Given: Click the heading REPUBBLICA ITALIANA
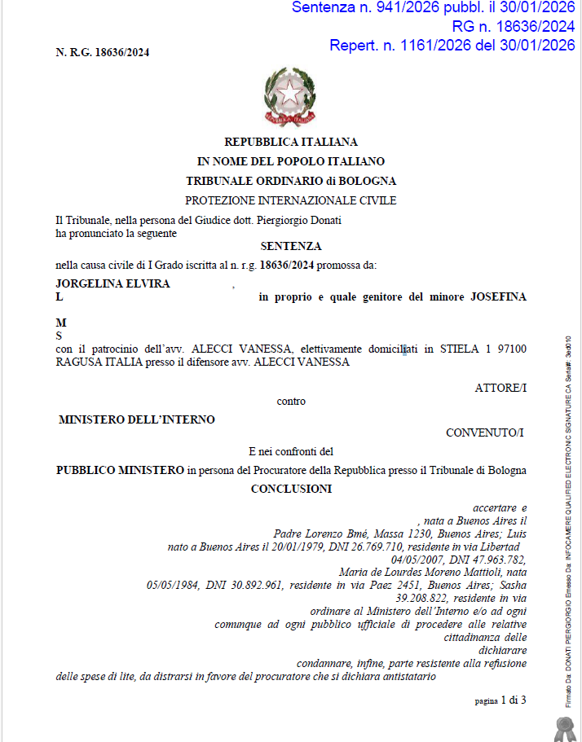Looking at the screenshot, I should point(291,142).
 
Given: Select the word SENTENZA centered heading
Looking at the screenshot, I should point(291,246).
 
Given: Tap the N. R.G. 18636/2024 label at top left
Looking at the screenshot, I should point(102,53).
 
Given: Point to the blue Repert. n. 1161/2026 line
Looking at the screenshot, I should point(452,46).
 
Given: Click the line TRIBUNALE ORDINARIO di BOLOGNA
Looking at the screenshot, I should point(291,181).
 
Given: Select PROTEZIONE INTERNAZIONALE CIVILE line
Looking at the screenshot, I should point(291,200).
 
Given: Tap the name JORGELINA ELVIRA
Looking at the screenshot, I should point(112,283).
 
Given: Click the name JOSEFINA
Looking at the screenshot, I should point(498,297).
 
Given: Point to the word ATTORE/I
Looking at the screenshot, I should point(500,388).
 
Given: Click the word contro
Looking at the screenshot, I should point(291,401).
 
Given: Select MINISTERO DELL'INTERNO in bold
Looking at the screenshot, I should point(137,420).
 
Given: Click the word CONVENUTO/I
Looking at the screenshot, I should point(484,432).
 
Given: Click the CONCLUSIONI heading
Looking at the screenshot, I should point(291,489).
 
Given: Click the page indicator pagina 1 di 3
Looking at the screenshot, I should point(500,700).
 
